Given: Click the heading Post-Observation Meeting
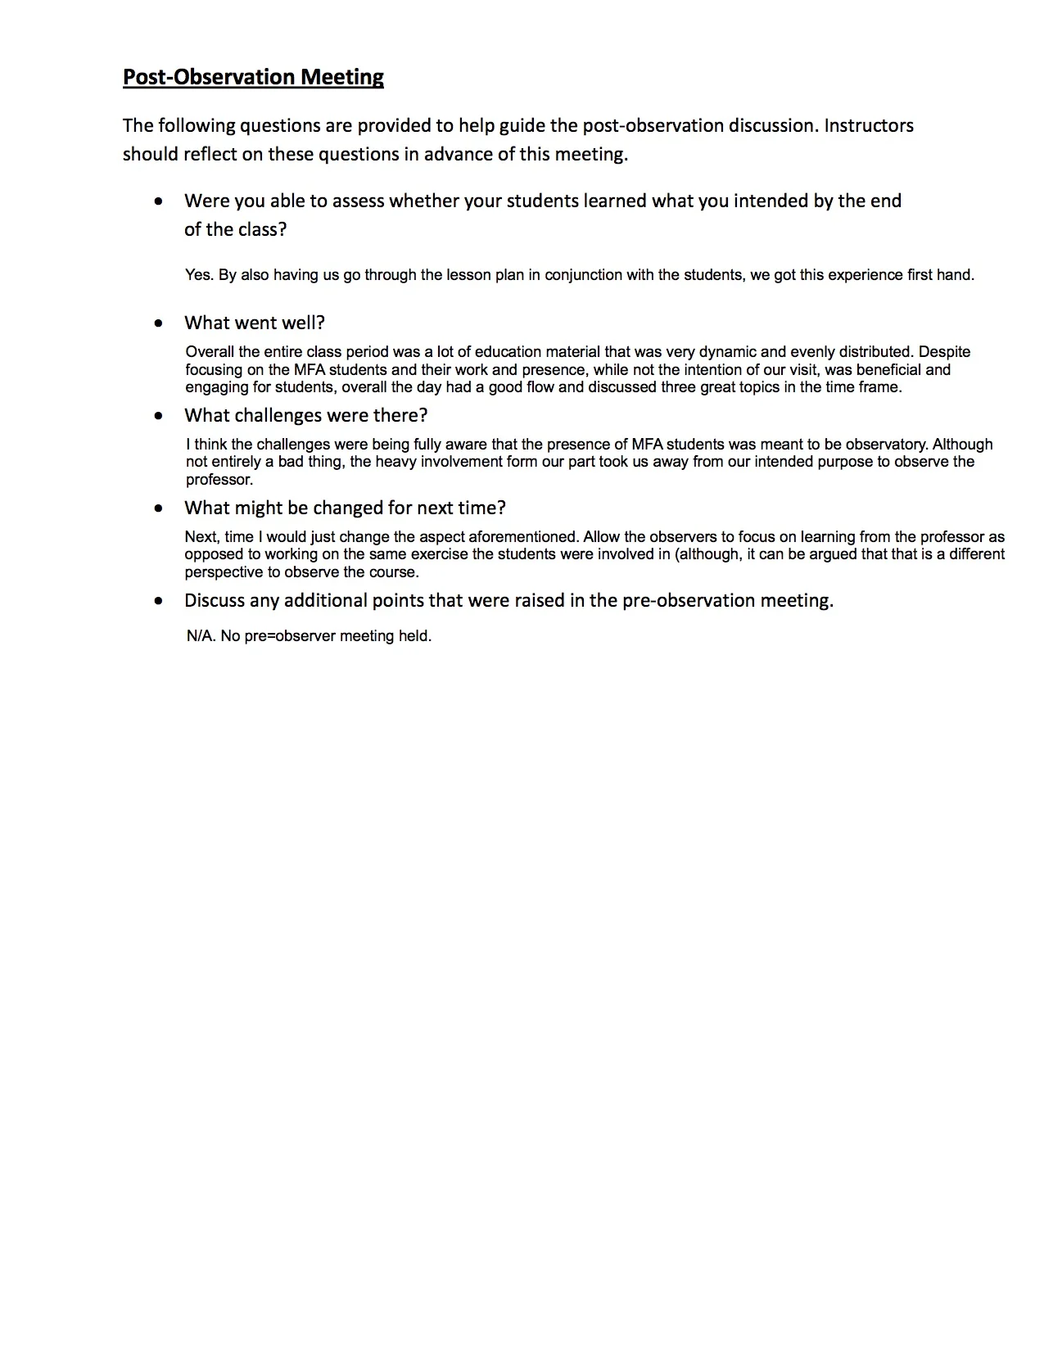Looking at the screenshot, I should click(253, 77).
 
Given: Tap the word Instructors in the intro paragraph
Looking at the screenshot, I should click(869, 125).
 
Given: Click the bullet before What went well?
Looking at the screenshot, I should click(158, 323).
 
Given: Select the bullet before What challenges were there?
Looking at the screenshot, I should click(158, 415).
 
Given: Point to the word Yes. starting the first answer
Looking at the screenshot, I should click(199, 275).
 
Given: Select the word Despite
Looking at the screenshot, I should click(944, 352).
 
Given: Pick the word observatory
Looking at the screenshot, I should click(887, 445).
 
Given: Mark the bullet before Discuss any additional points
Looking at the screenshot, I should click(158, 600).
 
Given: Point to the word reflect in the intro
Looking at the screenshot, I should click(210, 154).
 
